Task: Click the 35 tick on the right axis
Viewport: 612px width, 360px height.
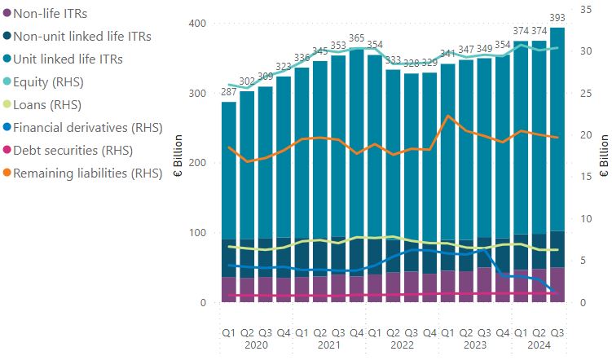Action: point(584,9)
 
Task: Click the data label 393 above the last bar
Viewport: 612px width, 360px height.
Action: point(557,18)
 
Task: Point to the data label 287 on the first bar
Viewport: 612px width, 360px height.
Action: point(229,92)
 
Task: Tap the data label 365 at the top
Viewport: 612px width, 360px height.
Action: point(356,38)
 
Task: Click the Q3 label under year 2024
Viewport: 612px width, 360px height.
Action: point(557,332)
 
